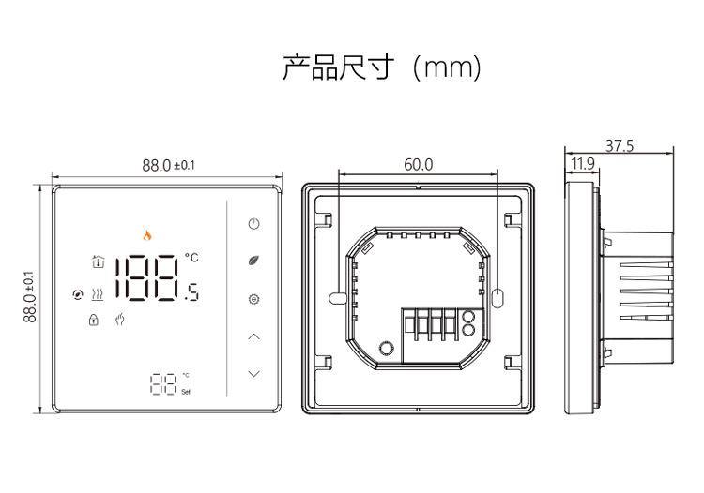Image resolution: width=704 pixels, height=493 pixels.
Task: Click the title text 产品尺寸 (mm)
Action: pos(382,67)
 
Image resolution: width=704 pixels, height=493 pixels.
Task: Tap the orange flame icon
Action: pos(147,235)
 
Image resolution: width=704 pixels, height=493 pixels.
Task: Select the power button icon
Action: pos(254,224)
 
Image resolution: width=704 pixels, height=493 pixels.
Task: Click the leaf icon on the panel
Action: pos(254,261)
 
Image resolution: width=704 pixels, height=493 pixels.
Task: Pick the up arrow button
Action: pos(254,336)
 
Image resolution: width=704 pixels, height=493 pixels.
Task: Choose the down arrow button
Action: pos(254,373)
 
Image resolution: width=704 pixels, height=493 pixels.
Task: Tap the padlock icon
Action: pos(93,320)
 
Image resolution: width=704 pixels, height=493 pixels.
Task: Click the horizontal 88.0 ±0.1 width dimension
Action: pos(168,165)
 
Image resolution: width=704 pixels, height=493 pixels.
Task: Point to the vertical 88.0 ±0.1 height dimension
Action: pos(30,297)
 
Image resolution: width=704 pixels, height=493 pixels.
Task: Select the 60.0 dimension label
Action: pos(419,164)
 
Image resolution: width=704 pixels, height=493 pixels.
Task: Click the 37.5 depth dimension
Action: pos(620,145)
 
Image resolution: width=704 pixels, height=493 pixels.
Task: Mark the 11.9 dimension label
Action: pos(583,164)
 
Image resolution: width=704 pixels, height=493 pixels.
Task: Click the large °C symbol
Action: pos(191,257)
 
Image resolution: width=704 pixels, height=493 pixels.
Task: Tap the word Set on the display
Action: pos(186,392)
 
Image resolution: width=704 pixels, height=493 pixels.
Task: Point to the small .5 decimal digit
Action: pos(191,292)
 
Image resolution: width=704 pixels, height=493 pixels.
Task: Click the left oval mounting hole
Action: pos(338,298)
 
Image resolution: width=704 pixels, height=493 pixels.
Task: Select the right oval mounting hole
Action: pos(497,298)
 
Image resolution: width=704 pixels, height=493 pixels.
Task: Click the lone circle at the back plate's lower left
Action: pos(387,348)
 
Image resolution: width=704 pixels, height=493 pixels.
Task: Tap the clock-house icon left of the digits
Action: pos(98,261)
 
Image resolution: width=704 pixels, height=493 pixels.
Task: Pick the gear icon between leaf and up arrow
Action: pos(254,299)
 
